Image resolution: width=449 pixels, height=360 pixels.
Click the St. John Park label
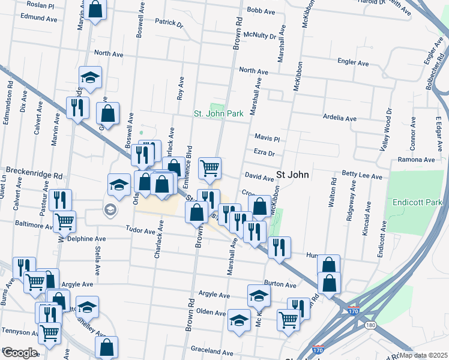(218, 113)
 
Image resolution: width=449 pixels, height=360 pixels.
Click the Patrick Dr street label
(169, 23)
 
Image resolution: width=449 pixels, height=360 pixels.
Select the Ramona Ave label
(416, 160)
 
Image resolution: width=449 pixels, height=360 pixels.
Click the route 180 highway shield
(370, 325)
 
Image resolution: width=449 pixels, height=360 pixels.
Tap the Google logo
(19, 352)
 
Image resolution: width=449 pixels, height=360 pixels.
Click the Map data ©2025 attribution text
(424, 355)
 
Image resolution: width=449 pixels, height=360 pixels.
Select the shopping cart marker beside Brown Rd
(209, 169)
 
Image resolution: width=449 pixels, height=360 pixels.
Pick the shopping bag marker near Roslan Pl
(95, 9)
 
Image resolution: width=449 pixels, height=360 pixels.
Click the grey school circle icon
(110, 209)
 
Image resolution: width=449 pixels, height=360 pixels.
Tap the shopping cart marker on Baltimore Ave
(64, 221)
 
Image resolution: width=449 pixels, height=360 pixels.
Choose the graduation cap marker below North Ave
(90, 78)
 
